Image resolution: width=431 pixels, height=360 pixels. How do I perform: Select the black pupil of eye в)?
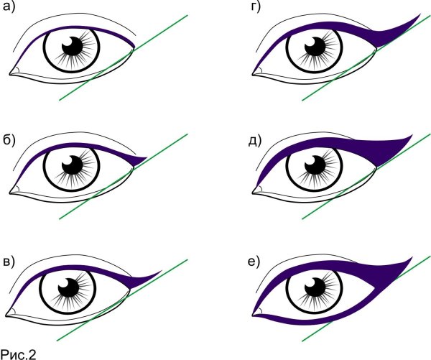72,289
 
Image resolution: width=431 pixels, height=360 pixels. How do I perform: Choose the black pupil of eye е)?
315,289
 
